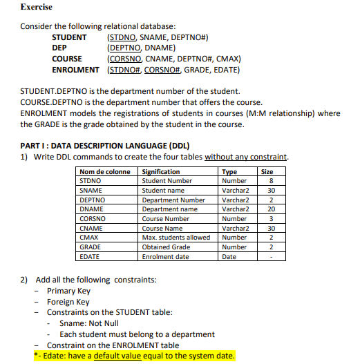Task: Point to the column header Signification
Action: click(x=161, y=171)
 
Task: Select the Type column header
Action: click(x=229, y=171)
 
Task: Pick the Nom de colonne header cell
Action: click(x=105, y=171)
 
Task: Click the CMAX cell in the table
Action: click(x=90, y=238)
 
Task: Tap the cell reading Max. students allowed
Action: click(x=176, y=238)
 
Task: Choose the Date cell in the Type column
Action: click(x=228, y=257)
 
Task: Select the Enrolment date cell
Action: click(x=164, y=257)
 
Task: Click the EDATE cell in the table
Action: click(x=91, y=257)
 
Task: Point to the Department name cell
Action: click(x=169, y=209)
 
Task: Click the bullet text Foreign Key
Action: click(x=68, y=302)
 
